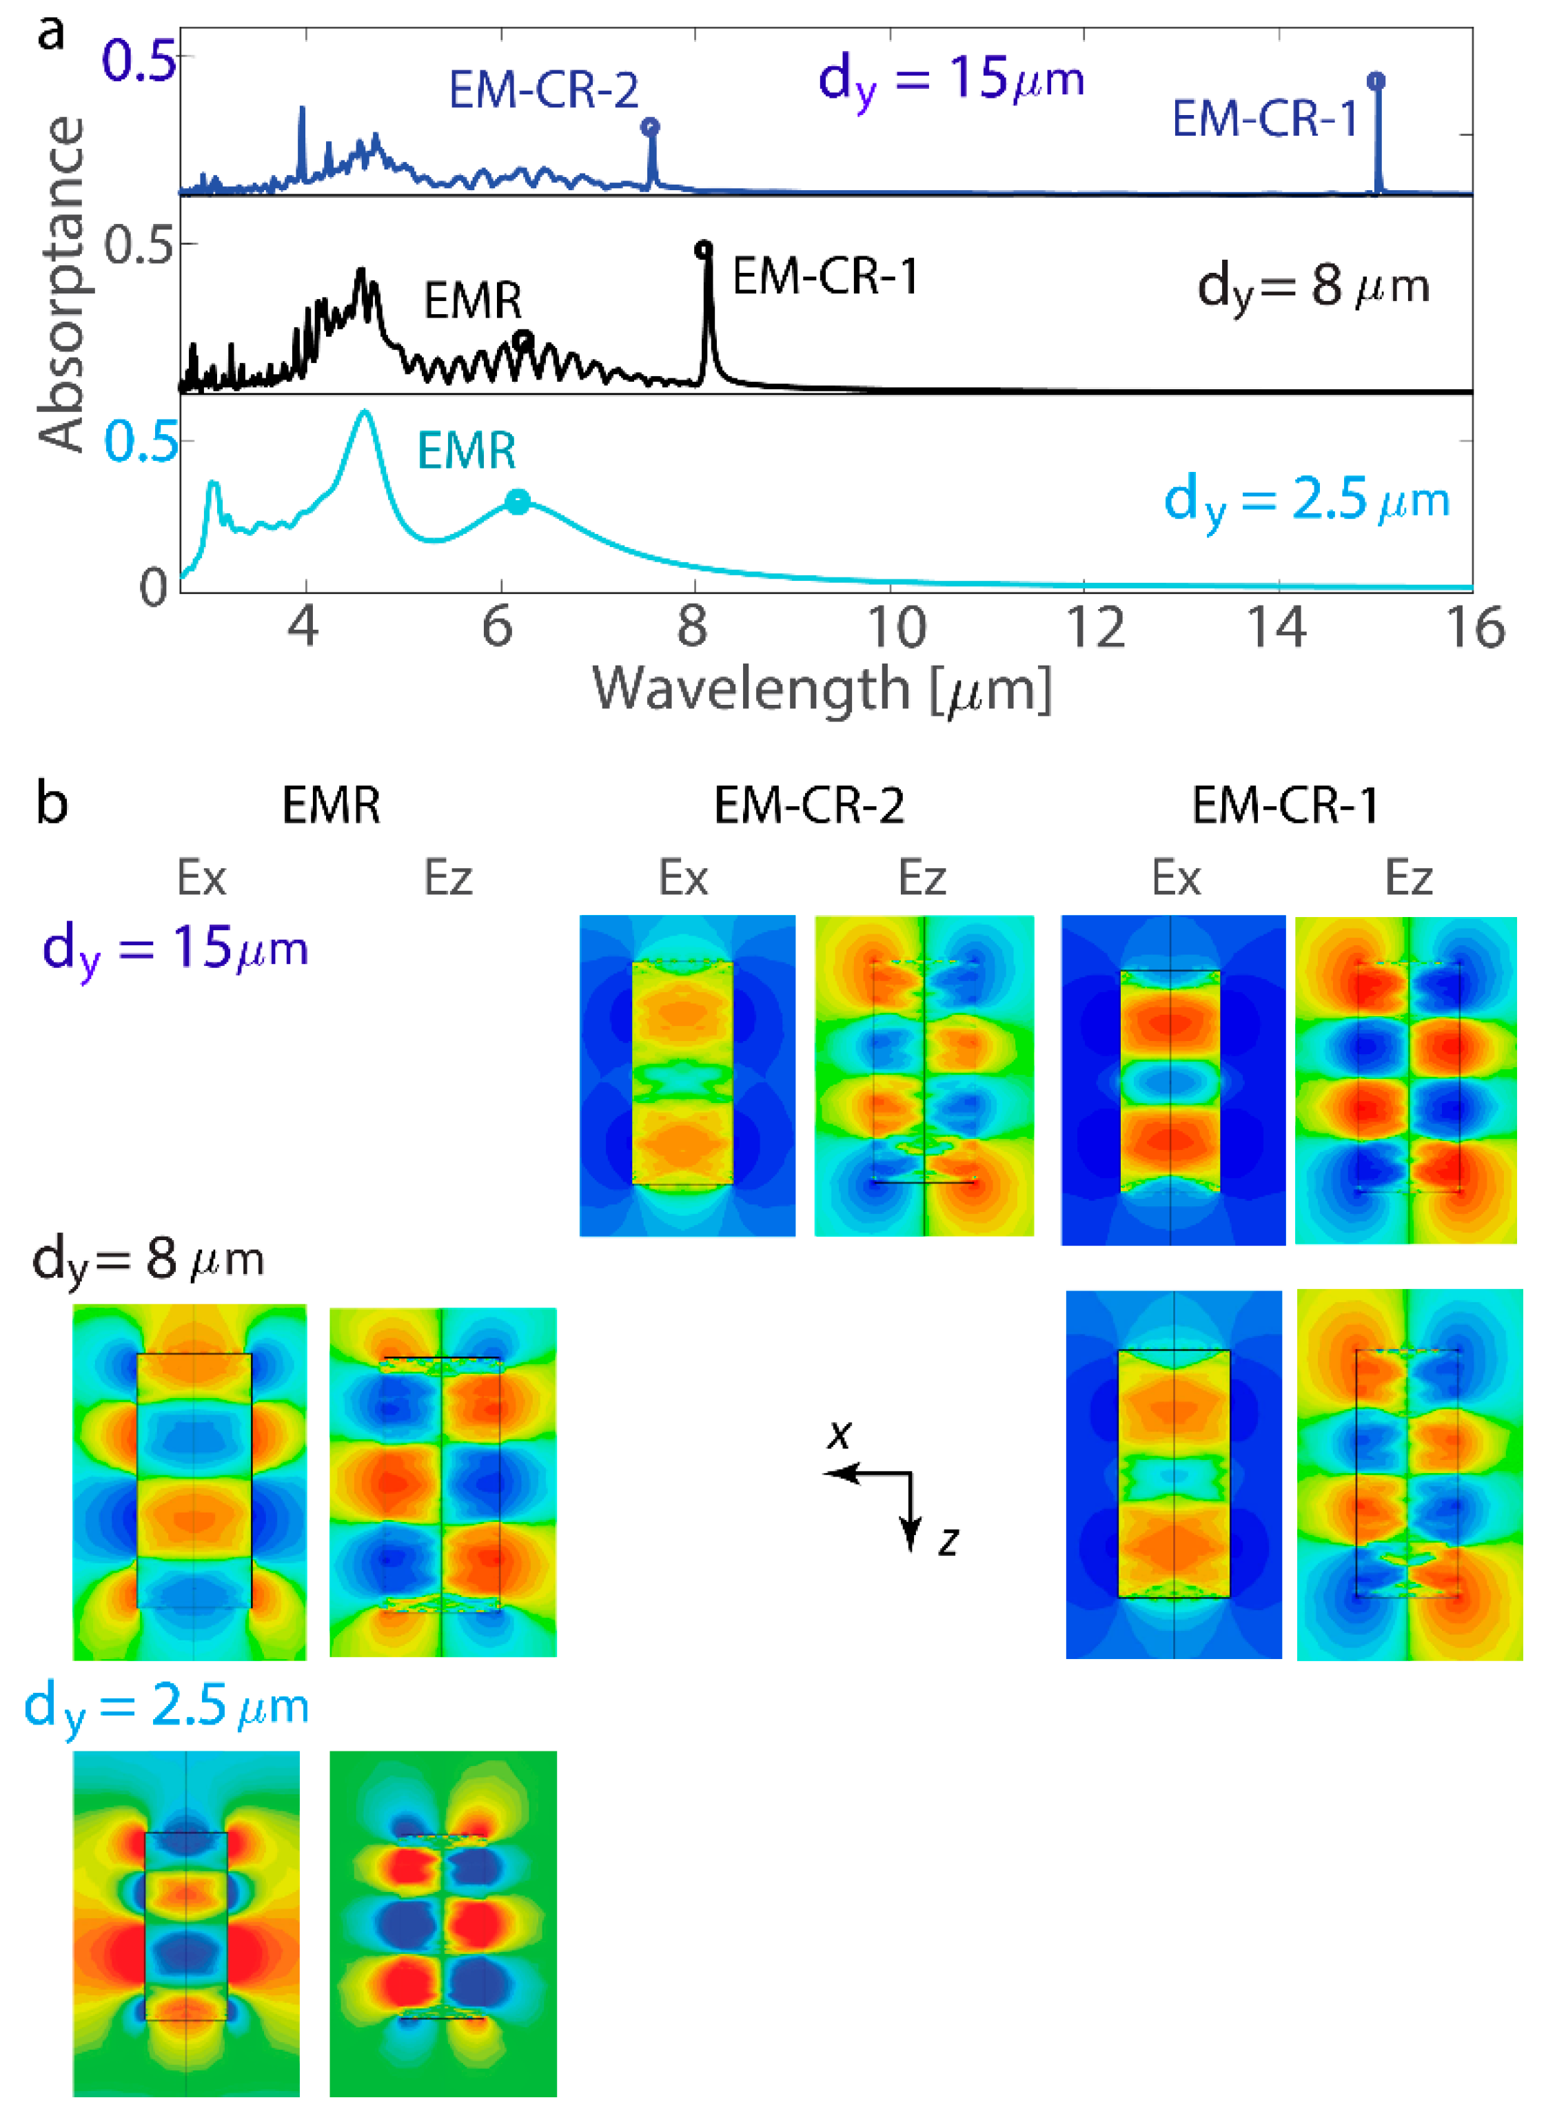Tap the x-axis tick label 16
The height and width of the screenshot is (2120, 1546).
pos(1475,628)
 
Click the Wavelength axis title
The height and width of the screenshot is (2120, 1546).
pos(822,690)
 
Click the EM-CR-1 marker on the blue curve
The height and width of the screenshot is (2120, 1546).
pos(1376,81)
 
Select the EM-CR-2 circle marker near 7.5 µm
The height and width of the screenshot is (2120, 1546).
pos(651,126)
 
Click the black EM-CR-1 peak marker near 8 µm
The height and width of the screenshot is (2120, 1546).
pos(704,249)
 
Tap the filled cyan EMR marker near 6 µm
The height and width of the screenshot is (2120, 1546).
pos(518,502)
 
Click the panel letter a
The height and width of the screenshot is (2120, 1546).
pos(52,33)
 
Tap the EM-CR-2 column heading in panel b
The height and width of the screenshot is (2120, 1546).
pos(808,805)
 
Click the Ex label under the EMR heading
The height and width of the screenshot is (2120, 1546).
pos(201,878)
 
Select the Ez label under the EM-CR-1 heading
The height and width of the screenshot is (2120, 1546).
pos(1407,878)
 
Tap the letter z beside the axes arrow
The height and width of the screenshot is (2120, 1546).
pos(948,1541)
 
